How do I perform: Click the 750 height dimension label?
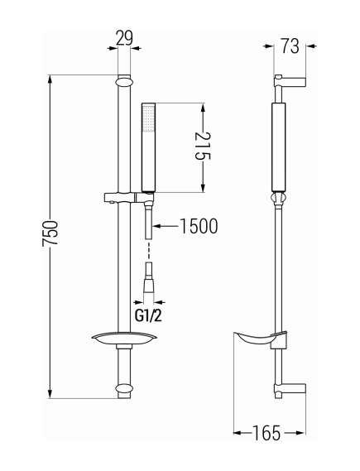tap(50, 233)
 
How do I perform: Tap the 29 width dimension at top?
tap(124, 38)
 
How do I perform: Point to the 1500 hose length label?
tap(199, 226)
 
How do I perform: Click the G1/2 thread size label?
tap(147, 315)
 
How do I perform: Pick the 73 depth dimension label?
tap(290, 46)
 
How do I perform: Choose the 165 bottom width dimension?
tap(266, 433)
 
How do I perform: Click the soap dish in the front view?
tap(124, 338)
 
